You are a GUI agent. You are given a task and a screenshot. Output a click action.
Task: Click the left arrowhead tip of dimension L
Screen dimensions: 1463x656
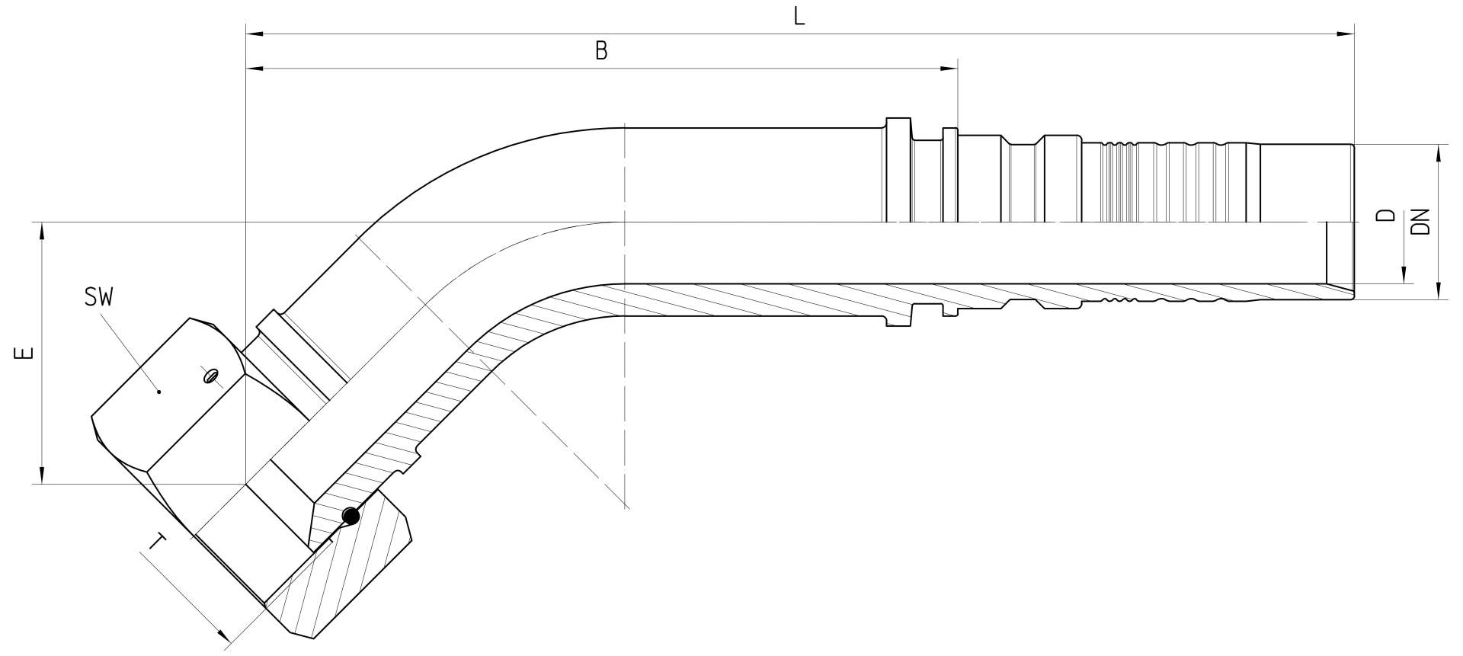[x=246, y=34]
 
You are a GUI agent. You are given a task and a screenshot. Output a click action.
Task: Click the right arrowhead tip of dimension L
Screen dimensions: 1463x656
[x=1354, y=34]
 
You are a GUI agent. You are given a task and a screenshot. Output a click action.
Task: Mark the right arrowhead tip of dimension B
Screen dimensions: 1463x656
[x=958, y=69]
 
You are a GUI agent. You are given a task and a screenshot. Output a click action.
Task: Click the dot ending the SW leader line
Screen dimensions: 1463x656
[x=158, y=392]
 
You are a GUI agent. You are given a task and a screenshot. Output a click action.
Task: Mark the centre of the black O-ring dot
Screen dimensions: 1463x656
[x=351, y=517]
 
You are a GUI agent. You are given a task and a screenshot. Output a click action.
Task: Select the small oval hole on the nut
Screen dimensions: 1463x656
[x=210, y=376]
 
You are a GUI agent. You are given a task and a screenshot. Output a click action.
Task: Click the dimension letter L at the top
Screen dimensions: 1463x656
[x=799, y=16]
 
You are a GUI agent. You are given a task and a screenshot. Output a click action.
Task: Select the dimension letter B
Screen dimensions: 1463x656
[x=601, y=51]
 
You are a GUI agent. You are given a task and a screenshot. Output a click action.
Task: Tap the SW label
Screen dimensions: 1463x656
[x=99, y=297]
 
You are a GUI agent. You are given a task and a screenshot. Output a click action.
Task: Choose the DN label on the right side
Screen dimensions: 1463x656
[x=1420, y=220]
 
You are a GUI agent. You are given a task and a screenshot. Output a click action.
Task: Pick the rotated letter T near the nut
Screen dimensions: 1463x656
[x=157, y=542]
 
